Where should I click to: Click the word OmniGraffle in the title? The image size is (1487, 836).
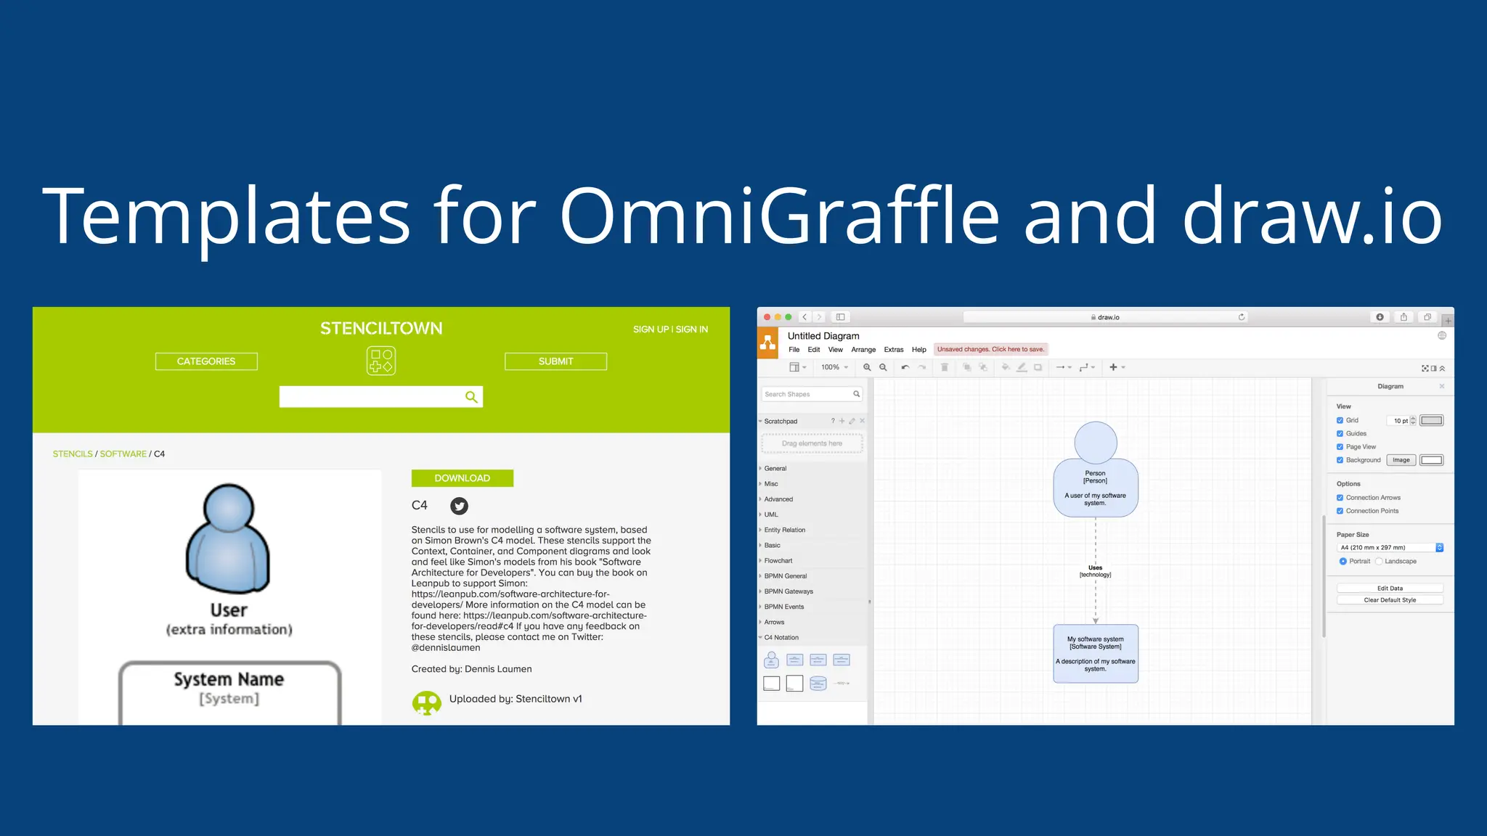point(779,216)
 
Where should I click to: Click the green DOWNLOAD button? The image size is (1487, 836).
point(462,478)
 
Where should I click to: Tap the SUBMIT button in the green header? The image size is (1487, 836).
point(555,361)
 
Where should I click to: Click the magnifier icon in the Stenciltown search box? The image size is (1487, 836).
point(471,397)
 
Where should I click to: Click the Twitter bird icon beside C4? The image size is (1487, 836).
point(459,506)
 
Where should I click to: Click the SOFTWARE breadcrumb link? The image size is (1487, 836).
point(123,454)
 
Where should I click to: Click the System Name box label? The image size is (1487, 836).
point(229,680)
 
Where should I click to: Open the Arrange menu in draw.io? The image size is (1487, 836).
point(863,350)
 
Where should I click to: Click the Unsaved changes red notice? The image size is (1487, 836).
point(990,350)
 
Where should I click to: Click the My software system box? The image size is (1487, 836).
point(1095,653)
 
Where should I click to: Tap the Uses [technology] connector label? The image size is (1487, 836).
point(1095,571)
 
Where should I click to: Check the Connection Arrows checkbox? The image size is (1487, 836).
point(1340,498)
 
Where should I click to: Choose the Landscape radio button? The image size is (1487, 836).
point(1379,562)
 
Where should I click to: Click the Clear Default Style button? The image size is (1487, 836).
point(1389,600)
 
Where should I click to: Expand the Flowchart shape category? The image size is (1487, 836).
point(778,561)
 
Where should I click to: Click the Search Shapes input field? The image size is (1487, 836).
point(806,394)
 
